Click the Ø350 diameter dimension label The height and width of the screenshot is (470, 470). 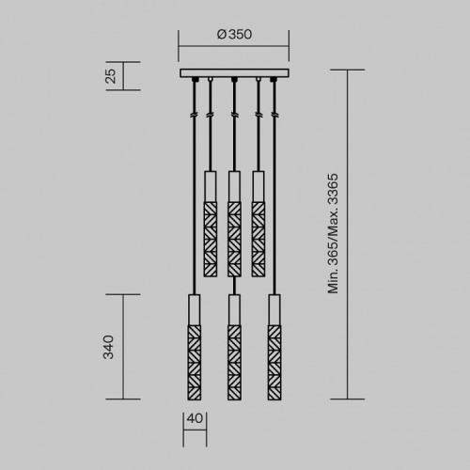tap(234, 35)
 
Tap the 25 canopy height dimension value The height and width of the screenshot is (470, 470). tap(110, 76)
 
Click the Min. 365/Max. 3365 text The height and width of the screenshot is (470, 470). tap(333, 234)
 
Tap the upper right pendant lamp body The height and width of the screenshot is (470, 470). tap(258, 226)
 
